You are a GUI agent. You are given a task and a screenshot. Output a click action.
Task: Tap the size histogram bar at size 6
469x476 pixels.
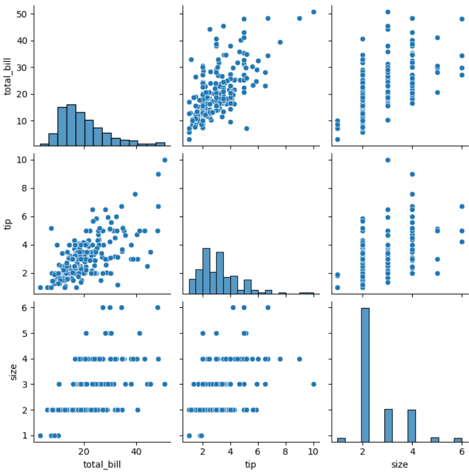tap(458, 440)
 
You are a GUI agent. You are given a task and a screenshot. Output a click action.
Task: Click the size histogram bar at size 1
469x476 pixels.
tap(341, 440)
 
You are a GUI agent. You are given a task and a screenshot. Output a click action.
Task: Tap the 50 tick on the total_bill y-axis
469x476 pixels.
tap(21, 14)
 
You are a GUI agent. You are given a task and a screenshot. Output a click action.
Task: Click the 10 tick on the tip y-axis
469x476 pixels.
tap(21, 160)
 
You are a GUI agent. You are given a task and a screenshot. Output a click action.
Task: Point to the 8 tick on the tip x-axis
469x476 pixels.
tap(285, 451)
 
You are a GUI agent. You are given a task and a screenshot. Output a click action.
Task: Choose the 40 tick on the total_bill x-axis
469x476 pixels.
tap(136, 451)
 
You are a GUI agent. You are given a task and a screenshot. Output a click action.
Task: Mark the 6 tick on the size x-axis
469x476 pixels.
tap(462, 451)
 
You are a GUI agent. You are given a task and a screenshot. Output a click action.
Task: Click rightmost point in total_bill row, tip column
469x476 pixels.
tap(313, 12)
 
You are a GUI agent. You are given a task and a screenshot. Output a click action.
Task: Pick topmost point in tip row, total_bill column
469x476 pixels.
tap(165, 160)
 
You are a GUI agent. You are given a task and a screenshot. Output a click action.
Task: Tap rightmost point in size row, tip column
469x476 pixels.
tap(313, 384)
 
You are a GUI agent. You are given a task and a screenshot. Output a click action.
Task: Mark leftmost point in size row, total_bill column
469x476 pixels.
tap(40, 436)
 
